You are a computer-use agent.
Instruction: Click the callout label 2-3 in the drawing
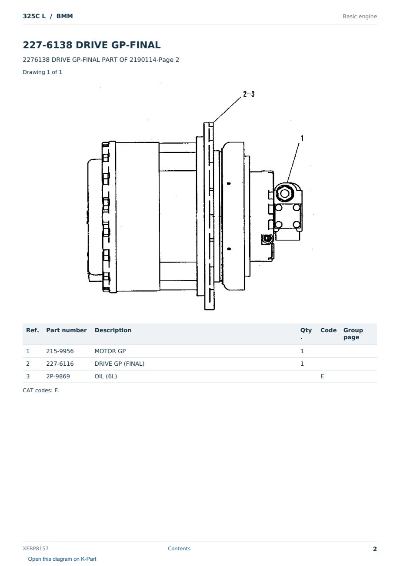click(x=249, y=94)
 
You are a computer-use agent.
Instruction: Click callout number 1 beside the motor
click(x=302, y=138)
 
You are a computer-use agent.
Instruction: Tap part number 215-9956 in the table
click(x=60, y=351)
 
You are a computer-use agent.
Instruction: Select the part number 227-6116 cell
click(x=60, y=364)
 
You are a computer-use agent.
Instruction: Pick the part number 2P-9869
click(x=58, y=376)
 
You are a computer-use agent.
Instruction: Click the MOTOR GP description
click(x=110, y=351)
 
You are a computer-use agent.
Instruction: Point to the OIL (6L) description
click(x=106, y=376)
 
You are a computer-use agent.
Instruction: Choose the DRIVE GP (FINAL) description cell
click(x=120, y=364)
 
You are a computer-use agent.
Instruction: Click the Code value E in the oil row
click(x=322, y=376)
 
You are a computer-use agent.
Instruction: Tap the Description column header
click(x=113, y=330)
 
